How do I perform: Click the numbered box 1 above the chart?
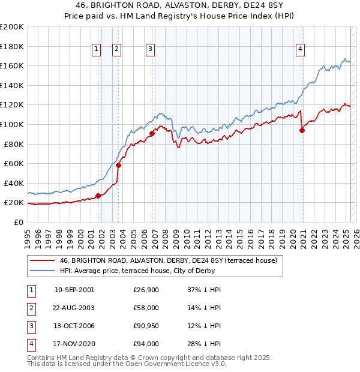point(96,50)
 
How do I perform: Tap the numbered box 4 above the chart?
point(299,50)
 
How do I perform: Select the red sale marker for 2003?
point(119,165)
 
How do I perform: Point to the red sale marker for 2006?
point(152,133)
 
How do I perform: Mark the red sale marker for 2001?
point(98,196)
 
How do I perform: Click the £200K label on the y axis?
point(12,27)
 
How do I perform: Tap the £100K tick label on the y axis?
point(12,124)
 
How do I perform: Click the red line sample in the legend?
point(42,261)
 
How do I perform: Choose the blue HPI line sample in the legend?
point(42,271)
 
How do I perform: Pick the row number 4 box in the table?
point(31,344)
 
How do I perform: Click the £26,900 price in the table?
point(146,290)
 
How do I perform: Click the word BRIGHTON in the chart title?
point(137,5)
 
